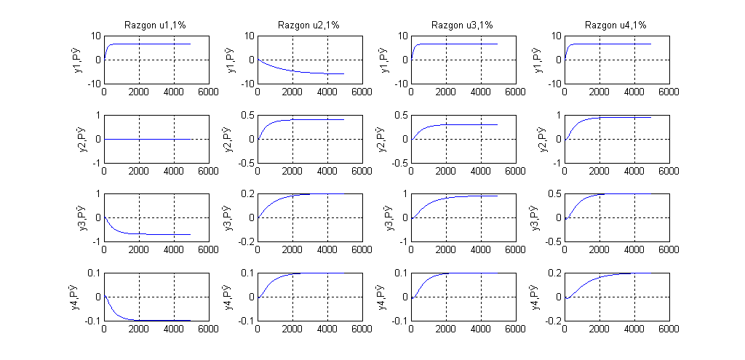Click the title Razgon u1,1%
click(x=156, y=25)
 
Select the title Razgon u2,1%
click(x=309, y=25)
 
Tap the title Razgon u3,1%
click(x=463, y=25)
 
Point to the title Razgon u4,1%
click(x=616, y=25)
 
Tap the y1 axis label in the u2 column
click(x=235, y=60)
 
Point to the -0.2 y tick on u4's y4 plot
click(x=552, y=321)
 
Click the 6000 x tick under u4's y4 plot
click(x=669, y=329)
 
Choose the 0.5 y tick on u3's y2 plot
click(x=399, y=115)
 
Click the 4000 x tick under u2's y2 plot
click(x=327, y=172)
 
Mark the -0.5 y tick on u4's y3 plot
click(x=552, y=242)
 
